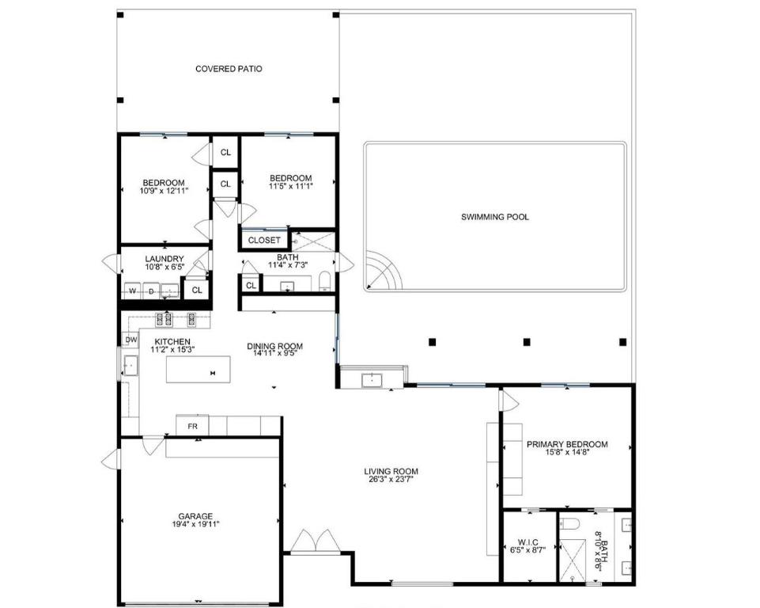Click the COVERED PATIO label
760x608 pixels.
pos(229,69)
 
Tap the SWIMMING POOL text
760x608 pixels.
pos(495,217)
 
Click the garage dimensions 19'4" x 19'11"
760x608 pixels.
pos(195,524)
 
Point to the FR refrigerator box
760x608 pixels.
pos(192,427)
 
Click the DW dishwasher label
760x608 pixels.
pos(130,340)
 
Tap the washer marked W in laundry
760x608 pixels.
pos(131,291)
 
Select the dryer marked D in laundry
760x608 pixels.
pos(150,291)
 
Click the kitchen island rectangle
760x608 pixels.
pos(198,370)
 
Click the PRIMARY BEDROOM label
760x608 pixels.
pos(567,444)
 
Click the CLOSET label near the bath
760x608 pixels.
pos(264,240)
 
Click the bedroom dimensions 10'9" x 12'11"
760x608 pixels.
pos(164,191)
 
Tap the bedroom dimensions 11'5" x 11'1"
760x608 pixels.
pos(290,186)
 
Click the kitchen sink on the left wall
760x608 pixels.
pos(130,366)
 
